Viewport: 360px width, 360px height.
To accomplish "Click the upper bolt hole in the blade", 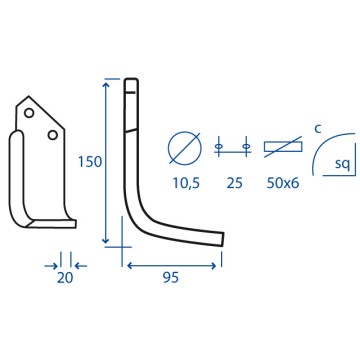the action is [x=29, y=113].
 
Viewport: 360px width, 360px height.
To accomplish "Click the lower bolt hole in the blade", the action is [x=52, y=135].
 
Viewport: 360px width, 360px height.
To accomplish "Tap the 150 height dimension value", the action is [x=89, y=162].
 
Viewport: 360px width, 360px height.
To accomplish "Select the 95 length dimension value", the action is [x=171, y=278].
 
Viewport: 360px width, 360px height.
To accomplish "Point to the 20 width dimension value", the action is [x=65, y=278].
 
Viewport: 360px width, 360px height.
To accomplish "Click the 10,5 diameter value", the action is [x=186, y=183].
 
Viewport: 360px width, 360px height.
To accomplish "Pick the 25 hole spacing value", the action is [x=234, y=183].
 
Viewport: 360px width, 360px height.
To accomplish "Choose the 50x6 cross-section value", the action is [x=283, y=183].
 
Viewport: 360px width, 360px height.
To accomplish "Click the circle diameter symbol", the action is [x=185, y=147].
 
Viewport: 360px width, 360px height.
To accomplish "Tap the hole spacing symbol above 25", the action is [x=232, y=147].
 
